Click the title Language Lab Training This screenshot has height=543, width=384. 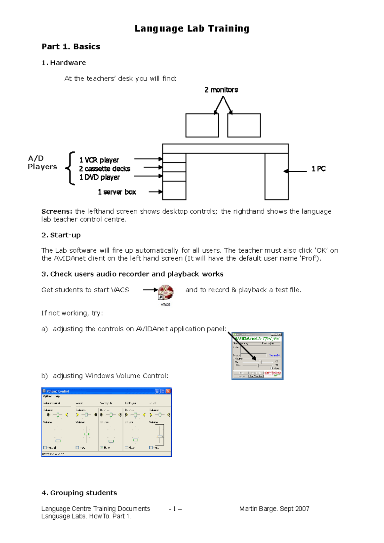(192, 28)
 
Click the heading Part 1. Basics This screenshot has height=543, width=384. (71, 47)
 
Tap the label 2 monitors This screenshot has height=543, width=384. (221, 90)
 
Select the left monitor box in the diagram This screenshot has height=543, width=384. (202, 125)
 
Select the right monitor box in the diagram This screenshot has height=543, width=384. (244, 125)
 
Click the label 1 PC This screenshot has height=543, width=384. (318, 169)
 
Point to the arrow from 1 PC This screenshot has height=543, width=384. (295, 171)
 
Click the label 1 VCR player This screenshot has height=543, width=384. (99, 160)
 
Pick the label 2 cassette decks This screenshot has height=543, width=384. (104, 169)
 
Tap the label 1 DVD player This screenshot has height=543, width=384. (99, 177)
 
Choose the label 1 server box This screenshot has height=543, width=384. (117, 192)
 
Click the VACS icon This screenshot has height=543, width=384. (166, 292)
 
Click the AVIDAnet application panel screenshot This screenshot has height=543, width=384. (257, 356)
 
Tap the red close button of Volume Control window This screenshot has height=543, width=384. (168, 391)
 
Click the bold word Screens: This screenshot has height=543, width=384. (57, 211)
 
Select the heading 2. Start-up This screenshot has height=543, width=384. (61, 235)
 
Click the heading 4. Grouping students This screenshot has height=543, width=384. (79, 493)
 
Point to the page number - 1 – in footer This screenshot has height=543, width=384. (175, 509)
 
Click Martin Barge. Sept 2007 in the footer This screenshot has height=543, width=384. (274, 509)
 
